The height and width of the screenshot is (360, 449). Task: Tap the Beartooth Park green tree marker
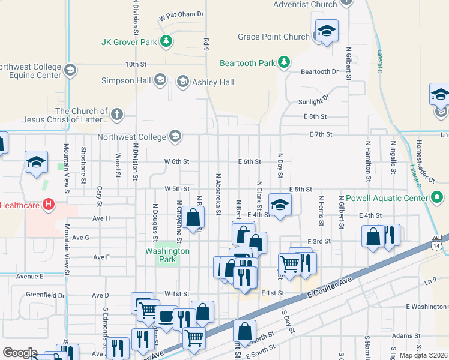coord(285,62)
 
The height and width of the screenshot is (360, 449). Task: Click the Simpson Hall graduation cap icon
coord(160,80)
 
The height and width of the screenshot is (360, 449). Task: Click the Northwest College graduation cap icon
coord(175,137)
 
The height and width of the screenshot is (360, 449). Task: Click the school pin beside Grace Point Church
coord(327,31)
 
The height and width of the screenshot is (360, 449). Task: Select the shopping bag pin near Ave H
coord(194,220)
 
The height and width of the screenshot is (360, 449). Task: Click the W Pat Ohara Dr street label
coord(182,14)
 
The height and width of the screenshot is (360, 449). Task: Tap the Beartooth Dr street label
coord(319,71)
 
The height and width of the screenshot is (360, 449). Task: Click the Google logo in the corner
coord(20,352)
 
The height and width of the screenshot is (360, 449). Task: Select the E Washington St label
coord(427,307)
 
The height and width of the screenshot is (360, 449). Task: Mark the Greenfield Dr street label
coord(46,295)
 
